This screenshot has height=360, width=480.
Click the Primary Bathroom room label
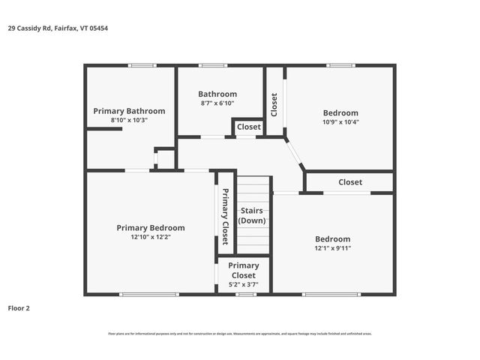129,110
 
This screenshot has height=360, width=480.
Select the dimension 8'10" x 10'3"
129,120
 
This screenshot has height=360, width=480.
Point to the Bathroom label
217,94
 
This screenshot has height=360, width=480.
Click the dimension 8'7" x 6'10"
217,103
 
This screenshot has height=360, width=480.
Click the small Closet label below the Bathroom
248,127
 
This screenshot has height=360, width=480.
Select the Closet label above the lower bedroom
349,182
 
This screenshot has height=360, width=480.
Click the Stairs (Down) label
252,215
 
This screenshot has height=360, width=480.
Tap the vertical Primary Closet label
225,216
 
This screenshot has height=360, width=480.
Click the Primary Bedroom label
150,227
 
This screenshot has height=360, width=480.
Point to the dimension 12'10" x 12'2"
150,237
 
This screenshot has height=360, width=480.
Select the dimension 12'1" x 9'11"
332,248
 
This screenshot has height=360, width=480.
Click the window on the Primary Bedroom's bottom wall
149,294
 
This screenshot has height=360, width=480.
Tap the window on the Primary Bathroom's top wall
141,66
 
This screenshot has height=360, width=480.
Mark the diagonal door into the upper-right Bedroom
295,153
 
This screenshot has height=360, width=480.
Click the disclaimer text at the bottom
240,334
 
